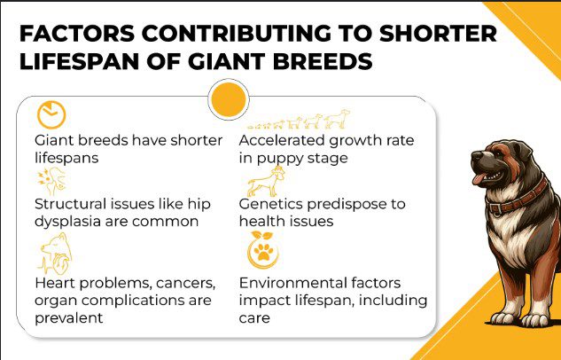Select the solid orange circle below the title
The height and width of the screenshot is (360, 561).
228,98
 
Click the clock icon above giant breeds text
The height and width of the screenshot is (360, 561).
51,115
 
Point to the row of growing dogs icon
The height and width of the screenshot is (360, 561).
298,121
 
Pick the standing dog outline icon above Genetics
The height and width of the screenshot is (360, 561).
263,183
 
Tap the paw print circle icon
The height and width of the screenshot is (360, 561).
263,253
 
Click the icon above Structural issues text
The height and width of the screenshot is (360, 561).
50,181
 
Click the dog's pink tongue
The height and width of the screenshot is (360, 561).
479,181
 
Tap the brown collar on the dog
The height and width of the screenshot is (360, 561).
512,192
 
